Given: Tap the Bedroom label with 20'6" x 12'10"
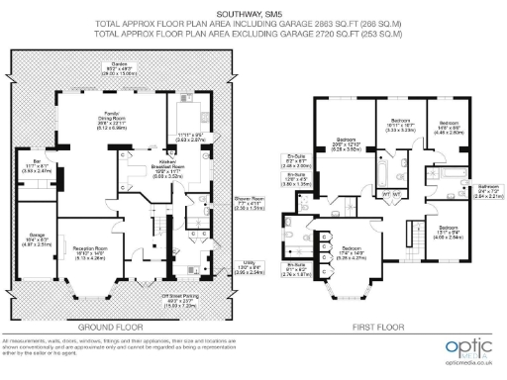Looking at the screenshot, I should (x=346, y=145).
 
